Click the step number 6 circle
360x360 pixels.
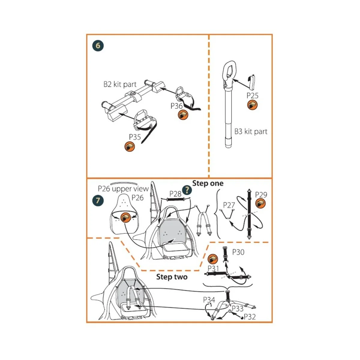[98, 46]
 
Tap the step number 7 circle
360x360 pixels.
[98, 200]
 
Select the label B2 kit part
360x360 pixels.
[120, 84]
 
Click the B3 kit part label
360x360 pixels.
[251, 131]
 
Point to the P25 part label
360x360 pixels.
[252, 95]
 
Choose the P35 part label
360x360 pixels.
[135, 137]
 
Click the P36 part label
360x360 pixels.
[177, 106]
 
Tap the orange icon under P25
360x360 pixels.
[252, 105]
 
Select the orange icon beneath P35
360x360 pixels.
[130, 147]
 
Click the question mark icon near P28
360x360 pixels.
[187, 189]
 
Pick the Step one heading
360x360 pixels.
[208, 183]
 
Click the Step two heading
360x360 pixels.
[172, 277]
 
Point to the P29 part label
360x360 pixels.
[261, 194]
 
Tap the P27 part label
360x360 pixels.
[229, 205]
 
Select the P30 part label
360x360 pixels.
[238, 252]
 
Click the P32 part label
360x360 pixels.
[250, 317]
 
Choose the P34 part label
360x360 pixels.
[209, 300]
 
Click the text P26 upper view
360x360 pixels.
[123, 189]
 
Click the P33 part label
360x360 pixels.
[237, 308]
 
